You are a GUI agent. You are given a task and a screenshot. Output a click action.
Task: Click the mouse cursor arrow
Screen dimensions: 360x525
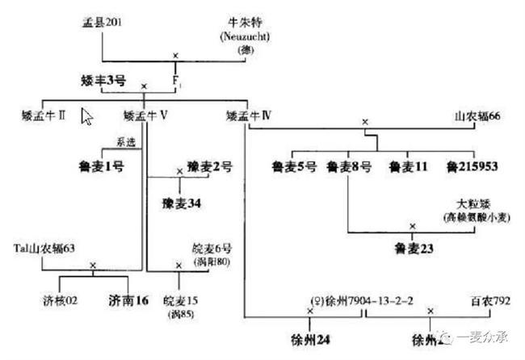pyautogui.click(x=87, y=118)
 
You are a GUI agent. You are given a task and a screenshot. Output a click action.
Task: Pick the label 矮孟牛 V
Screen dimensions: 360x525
pyautogui.click(x=146, y=116)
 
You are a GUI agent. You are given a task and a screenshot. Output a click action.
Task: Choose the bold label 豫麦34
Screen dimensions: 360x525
pyautogui.click(x=180, y=201)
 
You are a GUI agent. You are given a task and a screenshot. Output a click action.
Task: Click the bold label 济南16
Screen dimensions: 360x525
pyautogui.click(x=128, y=301)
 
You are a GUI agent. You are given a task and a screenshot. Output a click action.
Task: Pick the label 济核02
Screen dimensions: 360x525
pyautogui.click(x=59, y=301)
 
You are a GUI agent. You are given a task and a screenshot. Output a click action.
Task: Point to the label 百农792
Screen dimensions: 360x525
pyautogui.click(x=488, y=301)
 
